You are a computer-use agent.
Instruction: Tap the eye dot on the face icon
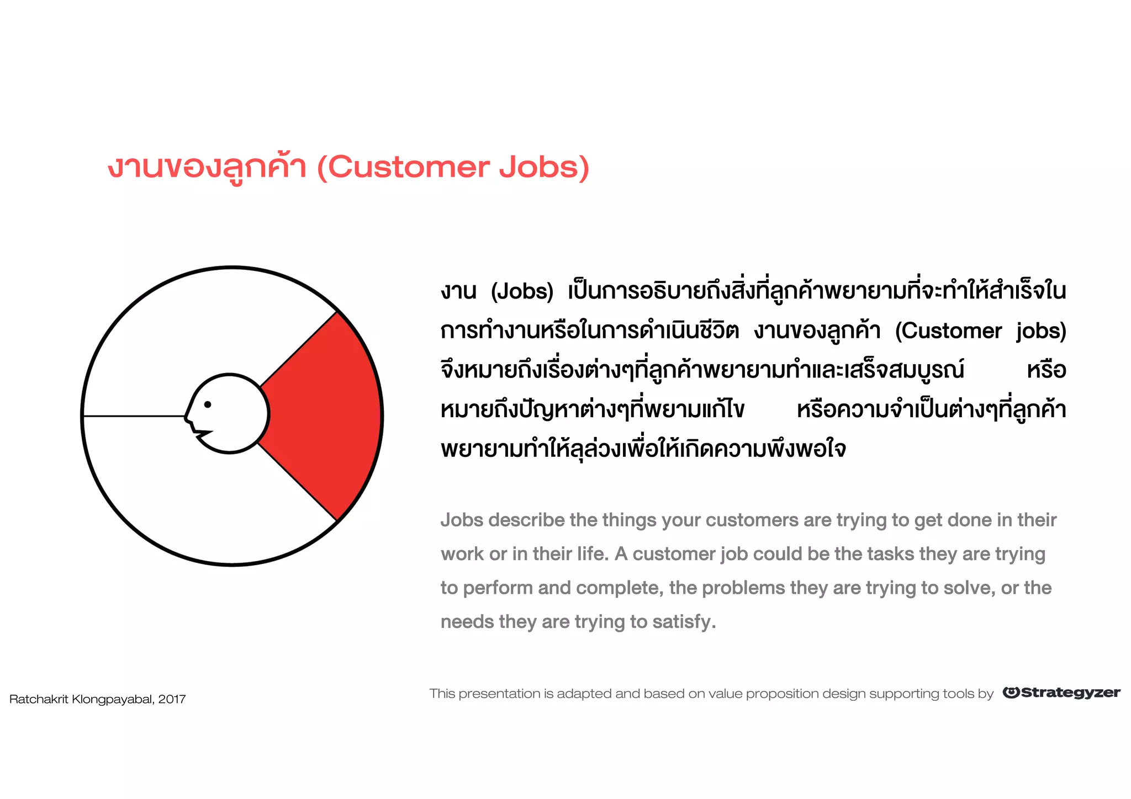208,404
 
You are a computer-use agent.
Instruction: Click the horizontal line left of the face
133,416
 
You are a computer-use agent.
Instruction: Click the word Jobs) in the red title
544,167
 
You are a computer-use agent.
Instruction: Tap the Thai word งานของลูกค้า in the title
207,167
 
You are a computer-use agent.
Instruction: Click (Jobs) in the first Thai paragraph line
522,291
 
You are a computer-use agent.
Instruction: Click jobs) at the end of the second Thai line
1041,331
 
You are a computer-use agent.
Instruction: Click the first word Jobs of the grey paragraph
462,520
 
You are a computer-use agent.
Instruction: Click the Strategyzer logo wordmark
1061,693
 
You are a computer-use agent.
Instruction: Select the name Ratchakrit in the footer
39,700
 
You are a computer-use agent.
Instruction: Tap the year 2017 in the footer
172,700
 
